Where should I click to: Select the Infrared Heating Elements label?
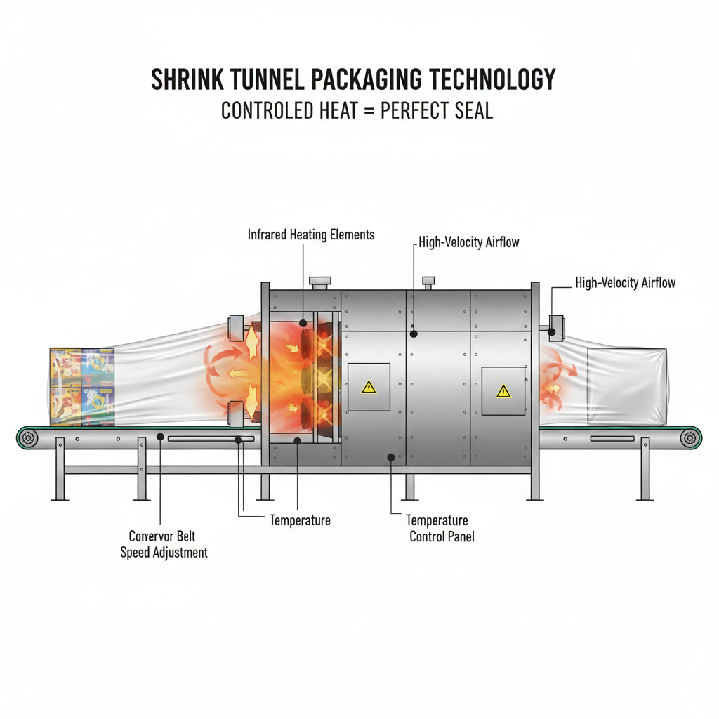(311, 235)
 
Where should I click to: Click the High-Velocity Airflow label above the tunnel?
(469, 243)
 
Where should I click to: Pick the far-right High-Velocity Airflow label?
(625, 283)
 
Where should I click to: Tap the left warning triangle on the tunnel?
(369, 387)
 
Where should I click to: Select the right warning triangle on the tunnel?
(503, 391)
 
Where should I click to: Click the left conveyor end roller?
(29, 438)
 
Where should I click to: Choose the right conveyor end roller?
(690, 438)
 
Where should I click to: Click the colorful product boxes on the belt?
(82, 387)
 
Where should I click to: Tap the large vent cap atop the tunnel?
(319, 282)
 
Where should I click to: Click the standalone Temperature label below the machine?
(300, 521)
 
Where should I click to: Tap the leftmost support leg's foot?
(60, 498)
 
